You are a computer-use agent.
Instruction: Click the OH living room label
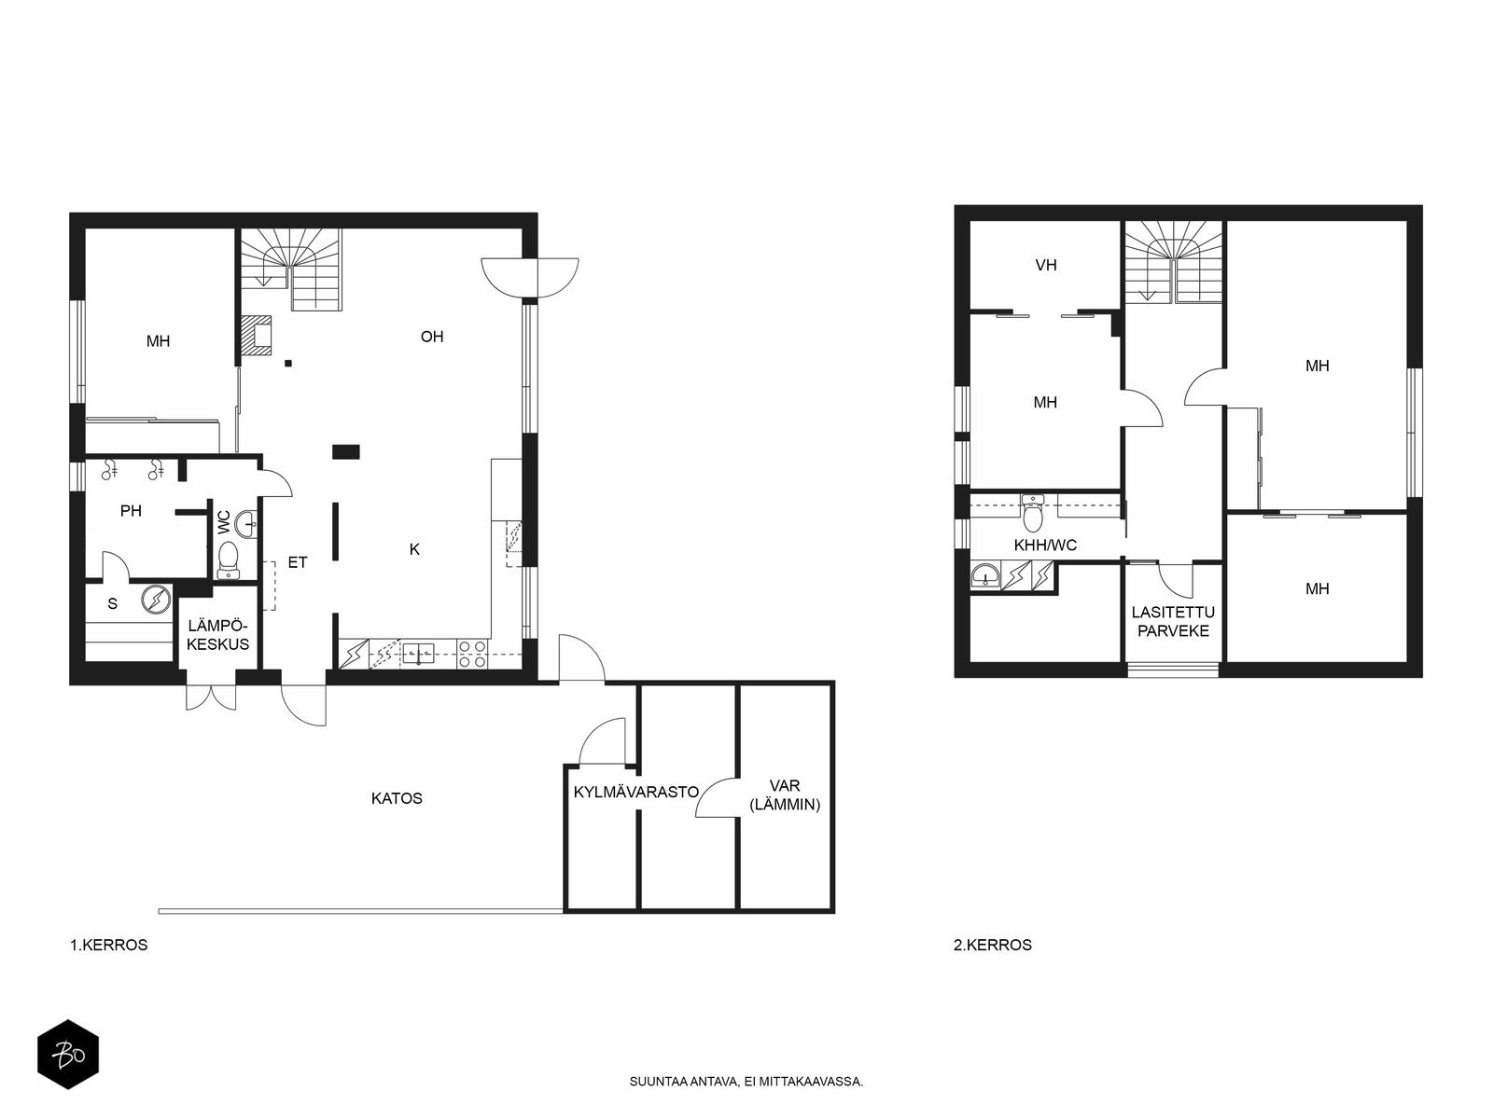pos(432,337)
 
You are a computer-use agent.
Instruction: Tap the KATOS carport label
pos(397,798)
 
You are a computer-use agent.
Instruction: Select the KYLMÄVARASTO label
pos(636,792)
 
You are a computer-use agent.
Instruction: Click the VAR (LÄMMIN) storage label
pos(784,794)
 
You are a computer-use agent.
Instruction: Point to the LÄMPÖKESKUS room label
pos(217,635)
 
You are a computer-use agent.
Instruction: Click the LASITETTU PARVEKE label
pos(1173,622)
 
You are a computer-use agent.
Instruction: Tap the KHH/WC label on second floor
pos(1045,545)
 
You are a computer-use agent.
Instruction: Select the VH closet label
pos(1046,265)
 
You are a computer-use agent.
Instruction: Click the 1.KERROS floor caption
pos(109,945)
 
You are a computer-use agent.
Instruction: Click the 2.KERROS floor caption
pos(993,945)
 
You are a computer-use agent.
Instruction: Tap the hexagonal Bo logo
pos(68,1055)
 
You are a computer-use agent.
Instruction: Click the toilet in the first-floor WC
pos(229,560)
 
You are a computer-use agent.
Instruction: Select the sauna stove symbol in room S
pos(156,600)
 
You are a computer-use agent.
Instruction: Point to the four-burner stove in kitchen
pos(472,654)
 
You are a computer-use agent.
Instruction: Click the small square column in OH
pos(288,364)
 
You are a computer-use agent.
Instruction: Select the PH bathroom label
pos(131,511)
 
